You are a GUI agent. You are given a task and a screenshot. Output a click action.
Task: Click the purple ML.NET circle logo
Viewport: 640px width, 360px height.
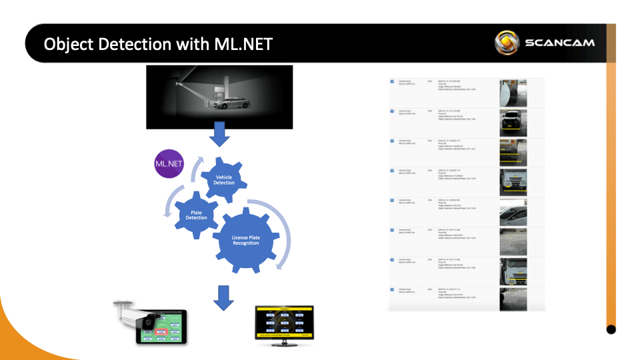[x=168, y=164]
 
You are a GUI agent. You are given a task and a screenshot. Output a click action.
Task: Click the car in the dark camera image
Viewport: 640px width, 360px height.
[x=235, y=103]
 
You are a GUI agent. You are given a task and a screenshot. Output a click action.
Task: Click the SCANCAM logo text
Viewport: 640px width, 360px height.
[x=559, y=43]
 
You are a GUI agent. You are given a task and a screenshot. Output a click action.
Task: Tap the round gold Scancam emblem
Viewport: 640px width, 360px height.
[x=507, y=43]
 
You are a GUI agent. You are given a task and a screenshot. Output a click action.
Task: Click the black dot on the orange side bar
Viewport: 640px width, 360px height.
[x=611, y=329]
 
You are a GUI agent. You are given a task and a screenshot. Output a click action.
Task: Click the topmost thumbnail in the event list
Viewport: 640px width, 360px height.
[x=513, y=93]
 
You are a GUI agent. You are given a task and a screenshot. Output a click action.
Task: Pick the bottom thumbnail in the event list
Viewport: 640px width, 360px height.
[x=513, y=299]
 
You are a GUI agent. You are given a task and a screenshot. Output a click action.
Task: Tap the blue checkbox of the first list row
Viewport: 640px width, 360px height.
[x=392, y=81]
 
